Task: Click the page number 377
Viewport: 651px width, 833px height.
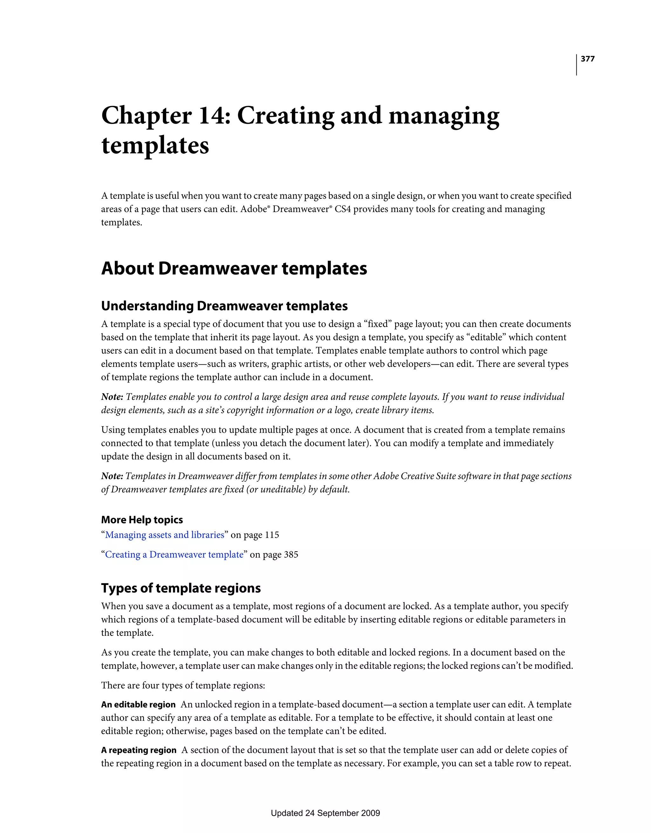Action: click(587, 59)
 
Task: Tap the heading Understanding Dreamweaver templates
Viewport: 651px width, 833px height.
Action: click(224, 306)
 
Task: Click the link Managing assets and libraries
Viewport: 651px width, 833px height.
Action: click(164, 535)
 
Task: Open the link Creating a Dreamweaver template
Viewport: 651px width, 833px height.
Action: click(174, 554)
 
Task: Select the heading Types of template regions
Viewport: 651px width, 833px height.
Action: click(181, 588)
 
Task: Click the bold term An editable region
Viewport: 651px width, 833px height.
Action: click(138, 705)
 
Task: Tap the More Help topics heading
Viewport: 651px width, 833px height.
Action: click(142, 520)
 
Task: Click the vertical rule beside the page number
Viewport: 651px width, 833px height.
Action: click(576, 65)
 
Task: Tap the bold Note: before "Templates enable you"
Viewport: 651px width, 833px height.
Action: click(112, 397)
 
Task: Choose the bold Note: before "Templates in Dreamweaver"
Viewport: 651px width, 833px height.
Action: click(112, 476)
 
